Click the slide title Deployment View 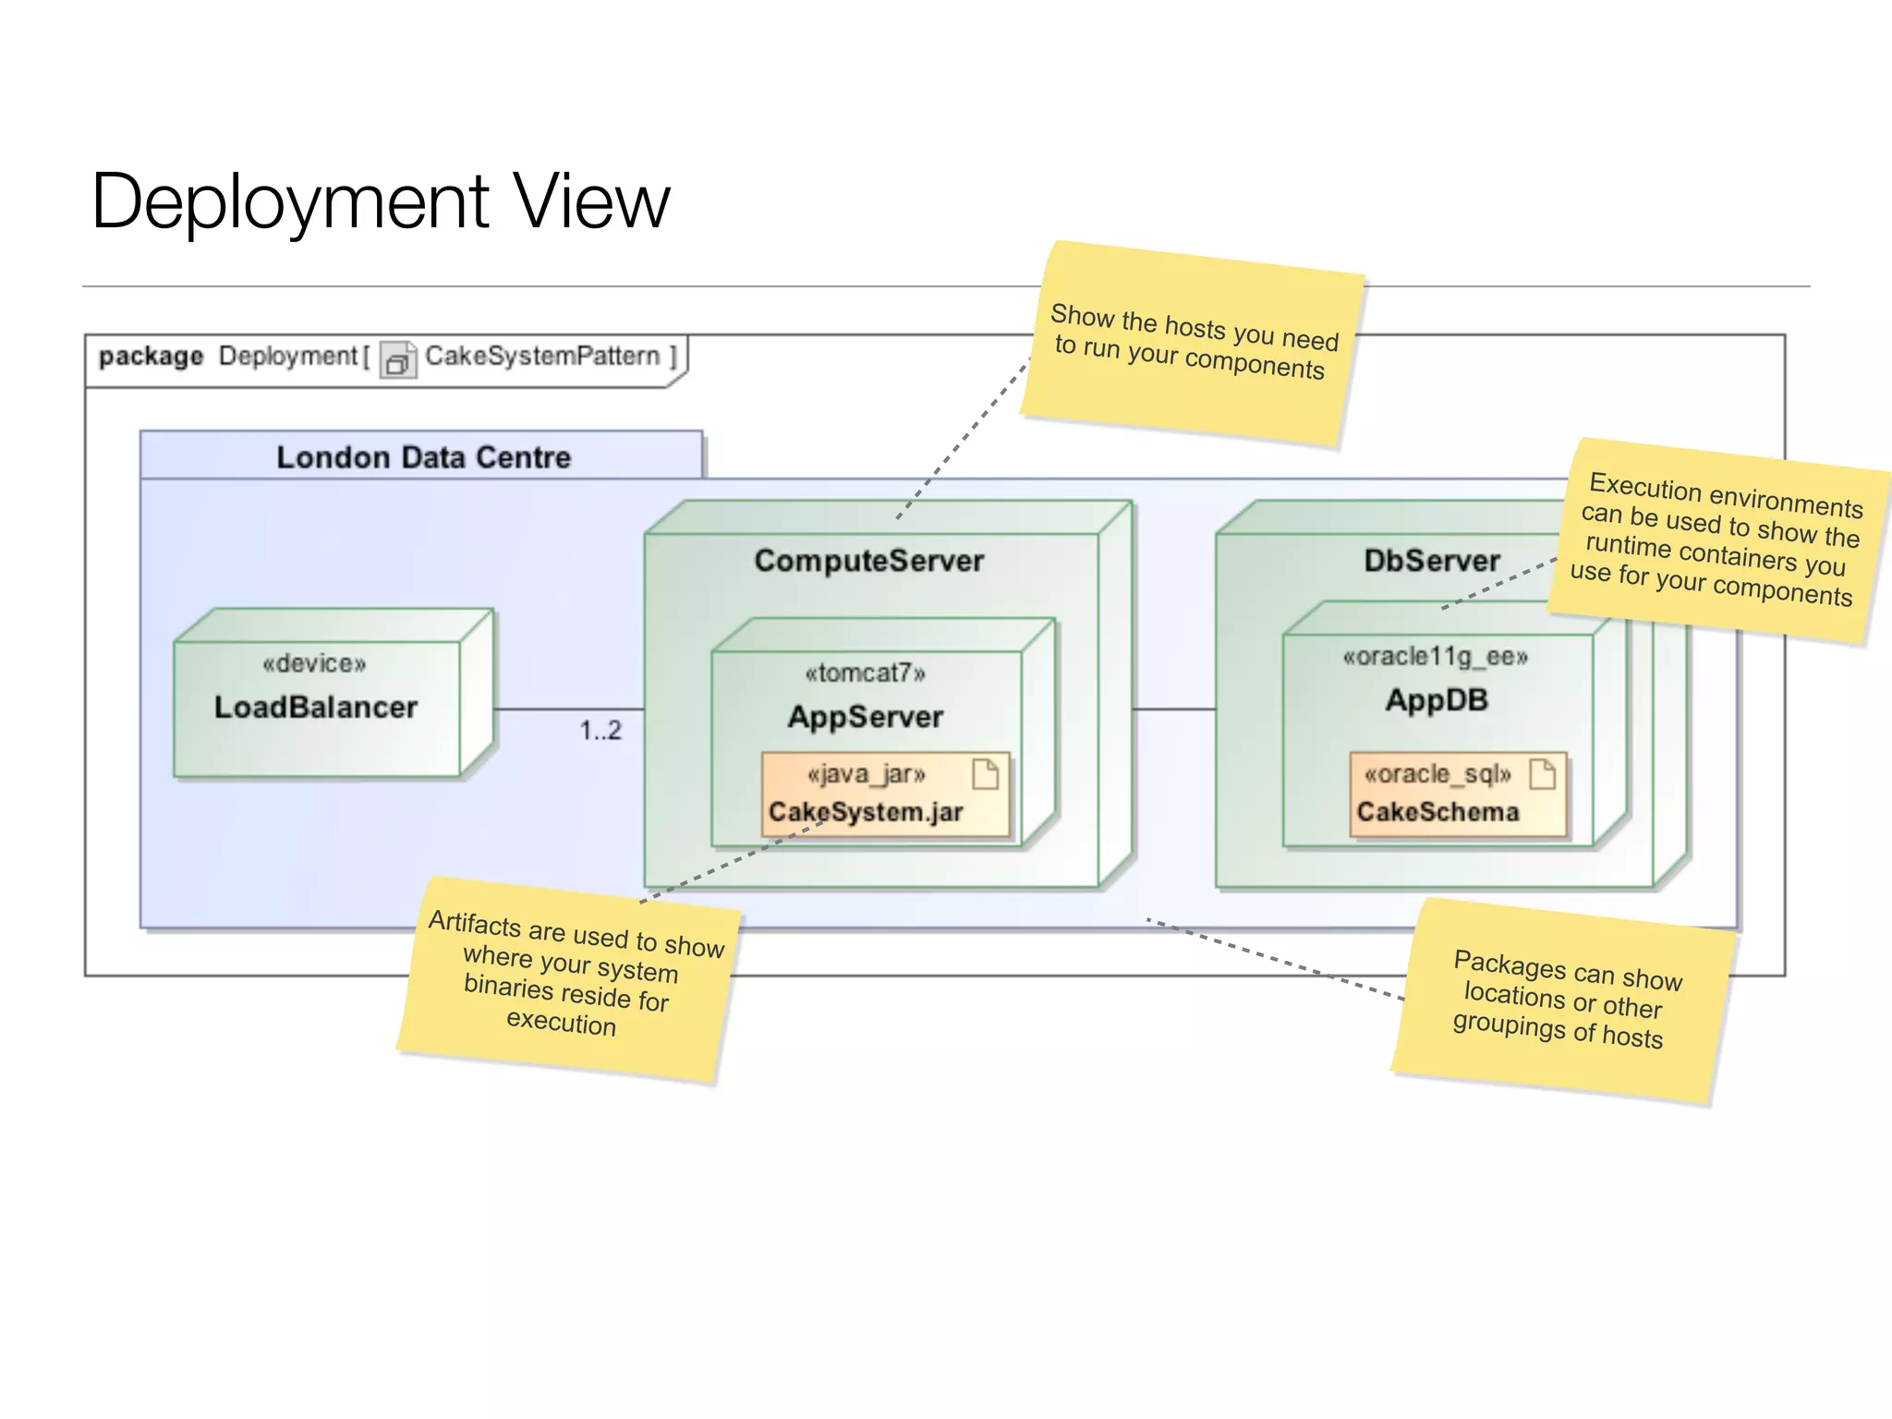coord(380,201)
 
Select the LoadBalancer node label coord(316,708)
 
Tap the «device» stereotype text coord(314,663)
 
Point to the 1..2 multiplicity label coord(600,731)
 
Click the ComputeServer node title coord(868,561)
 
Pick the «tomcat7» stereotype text coord(865,673)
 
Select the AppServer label coord(866,717)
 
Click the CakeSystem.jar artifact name coord(866,812)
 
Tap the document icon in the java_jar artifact coord(986,773)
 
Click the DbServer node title coord(1431,561)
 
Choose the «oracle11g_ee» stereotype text coord(1436,657)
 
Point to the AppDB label coord(1437,700)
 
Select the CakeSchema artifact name coord(1437,812)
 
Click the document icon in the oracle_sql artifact coord(1542,773)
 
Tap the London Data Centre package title coord(423,457)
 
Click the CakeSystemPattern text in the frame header coord(542,356)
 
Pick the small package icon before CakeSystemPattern coord(397,360)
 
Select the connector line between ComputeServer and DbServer coord(1174,709)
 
